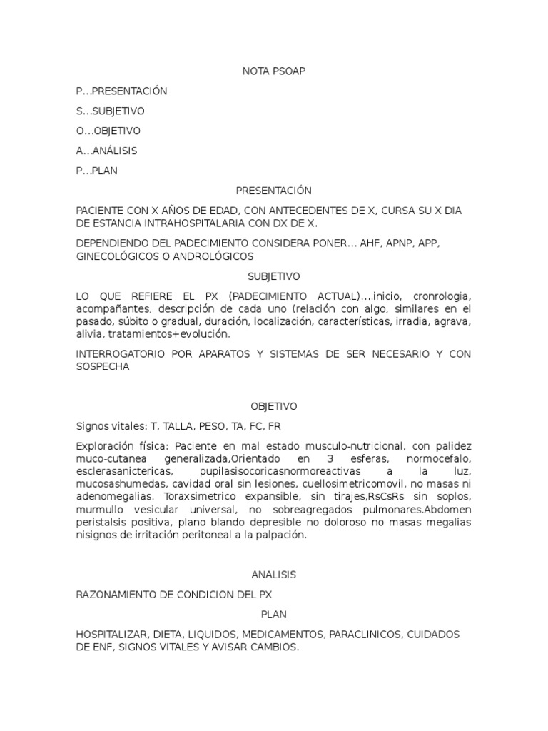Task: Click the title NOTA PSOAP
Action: [x=274, y=71]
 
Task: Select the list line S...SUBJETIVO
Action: [x=111, y=111]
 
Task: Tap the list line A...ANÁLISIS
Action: [x=107, y=151]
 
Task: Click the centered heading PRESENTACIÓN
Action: [x=274, y=191]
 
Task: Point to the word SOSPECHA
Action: [x=103, y=366]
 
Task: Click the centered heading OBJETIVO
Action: [x=274, y=406]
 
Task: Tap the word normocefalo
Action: [x=441, y=458]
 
